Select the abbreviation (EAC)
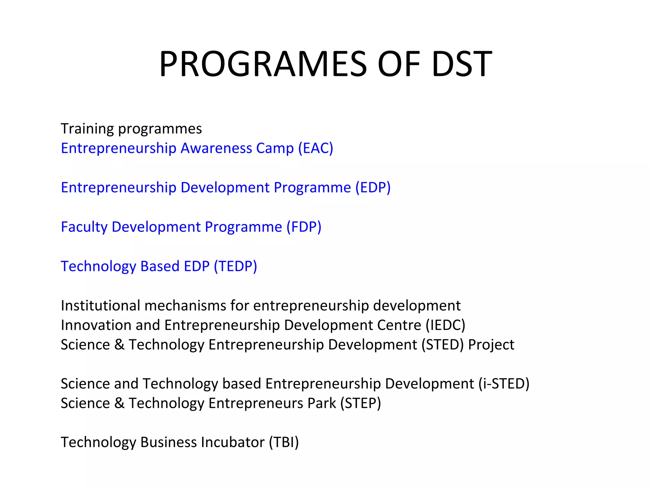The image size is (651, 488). (316, 148)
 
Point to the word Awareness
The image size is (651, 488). (216, 148)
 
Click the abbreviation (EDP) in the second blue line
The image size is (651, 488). (373, 187)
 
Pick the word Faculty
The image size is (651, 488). (84, 227)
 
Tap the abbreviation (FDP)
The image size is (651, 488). (304, 227)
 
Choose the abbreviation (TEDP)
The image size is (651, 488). (236, 266)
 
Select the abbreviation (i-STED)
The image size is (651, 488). (504, 384)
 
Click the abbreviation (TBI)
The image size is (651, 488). (284, 443)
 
